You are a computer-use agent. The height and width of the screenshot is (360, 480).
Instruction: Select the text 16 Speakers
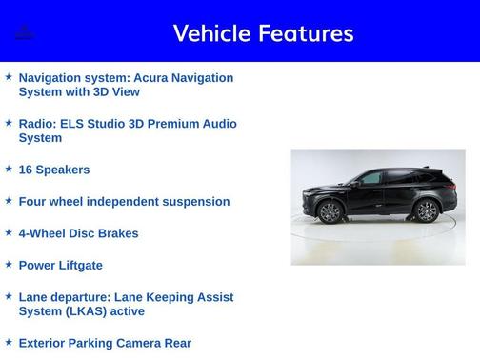54,170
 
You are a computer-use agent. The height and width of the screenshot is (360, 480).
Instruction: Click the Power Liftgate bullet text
60,265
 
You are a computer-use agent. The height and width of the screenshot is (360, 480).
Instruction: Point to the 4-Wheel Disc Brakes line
78,233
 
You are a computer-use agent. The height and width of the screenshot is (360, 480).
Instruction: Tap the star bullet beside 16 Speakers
9,169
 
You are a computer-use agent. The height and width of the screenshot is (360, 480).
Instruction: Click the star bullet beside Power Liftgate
9,264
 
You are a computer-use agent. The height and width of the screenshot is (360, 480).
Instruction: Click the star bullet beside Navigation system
9,76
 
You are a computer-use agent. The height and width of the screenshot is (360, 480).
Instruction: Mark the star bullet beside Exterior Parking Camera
9,342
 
